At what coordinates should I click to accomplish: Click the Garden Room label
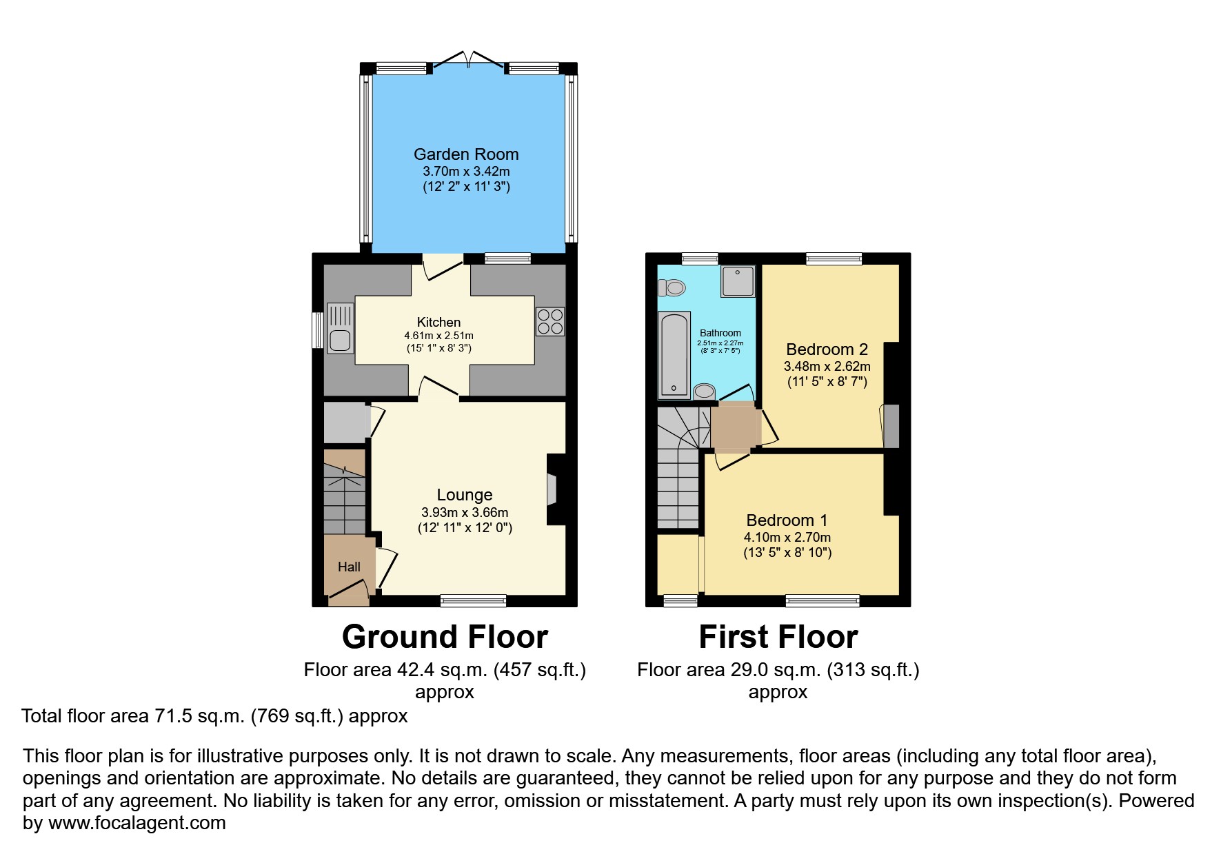[466, 154]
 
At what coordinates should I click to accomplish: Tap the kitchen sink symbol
[340, 328]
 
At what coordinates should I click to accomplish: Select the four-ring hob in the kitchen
[550, 322]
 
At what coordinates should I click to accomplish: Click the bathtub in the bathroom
[674, 356]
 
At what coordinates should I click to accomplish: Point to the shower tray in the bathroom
[738, 281]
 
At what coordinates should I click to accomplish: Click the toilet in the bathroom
[672, 287]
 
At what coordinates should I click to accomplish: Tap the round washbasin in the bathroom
[704, 392]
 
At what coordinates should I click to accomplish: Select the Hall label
[349, 567]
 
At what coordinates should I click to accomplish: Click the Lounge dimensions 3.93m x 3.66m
[465, 512]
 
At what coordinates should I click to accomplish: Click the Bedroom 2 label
[827, 349]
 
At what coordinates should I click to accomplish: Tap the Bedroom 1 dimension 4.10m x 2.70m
[787, 537]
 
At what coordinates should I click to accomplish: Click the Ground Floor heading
[445, 637]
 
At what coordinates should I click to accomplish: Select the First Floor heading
[778, 637]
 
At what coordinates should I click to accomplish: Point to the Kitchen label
[438, 322]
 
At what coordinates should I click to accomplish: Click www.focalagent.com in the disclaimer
[137, 823]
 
